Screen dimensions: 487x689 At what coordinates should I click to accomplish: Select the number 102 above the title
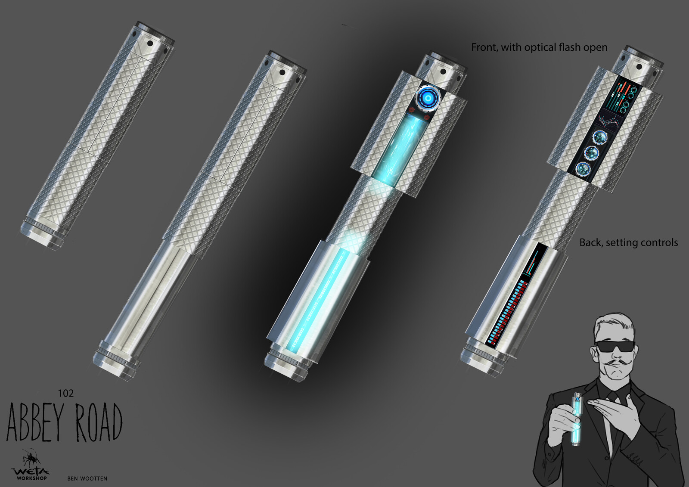[65, 393]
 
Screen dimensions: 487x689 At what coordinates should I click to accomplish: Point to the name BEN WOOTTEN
[87, 478]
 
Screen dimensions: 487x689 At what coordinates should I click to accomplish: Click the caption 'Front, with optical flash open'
[539, 47]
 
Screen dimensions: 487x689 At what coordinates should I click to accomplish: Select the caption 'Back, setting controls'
[628, 243]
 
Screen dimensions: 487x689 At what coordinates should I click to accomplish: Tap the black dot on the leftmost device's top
[150, 43]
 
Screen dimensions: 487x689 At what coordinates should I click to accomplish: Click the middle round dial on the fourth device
[591, 152]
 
